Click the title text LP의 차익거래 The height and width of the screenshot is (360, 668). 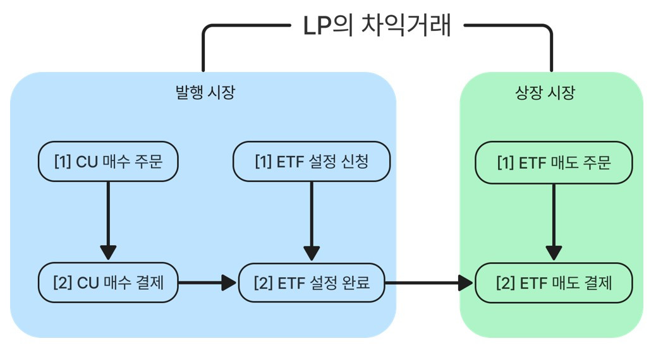click(377, 27)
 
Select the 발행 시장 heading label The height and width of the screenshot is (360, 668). click(204, 93)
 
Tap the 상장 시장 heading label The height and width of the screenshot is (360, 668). click(545, 93)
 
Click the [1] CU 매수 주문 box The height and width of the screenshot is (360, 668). click(108, 162)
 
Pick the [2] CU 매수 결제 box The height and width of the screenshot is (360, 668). click(108, 282)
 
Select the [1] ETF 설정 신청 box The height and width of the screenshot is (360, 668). click(312, 162)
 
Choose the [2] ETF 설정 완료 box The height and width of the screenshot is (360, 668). click(312, 282)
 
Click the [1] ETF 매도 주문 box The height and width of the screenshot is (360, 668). click(554, 163)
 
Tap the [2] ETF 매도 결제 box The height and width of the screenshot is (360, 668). click(554, 282)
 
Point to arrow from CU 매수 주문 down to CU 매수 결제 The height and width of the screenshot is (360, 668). click(108, 218)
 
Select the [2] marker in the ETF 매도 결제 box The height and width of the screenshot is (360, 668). click(505, 282)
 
